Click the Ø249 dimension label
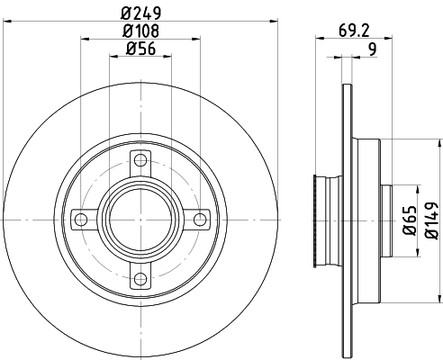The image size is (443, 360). tap(140, 12)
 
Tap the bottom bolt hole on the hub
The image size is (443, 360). tap(139, 276)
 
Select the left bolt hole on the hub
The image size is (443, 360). tap(81, 219)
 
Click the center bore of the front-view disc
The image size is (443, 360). tap(139, 219)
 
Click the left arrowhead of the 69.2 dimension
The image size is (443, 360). tap(317, 38)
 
